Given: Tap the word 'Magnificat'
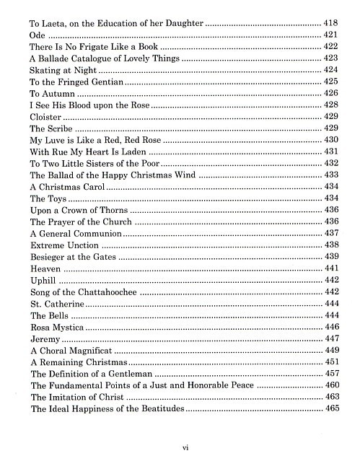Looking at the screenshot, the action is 87,351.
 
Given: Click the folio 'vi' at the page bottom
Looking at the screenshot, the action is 185,447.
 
